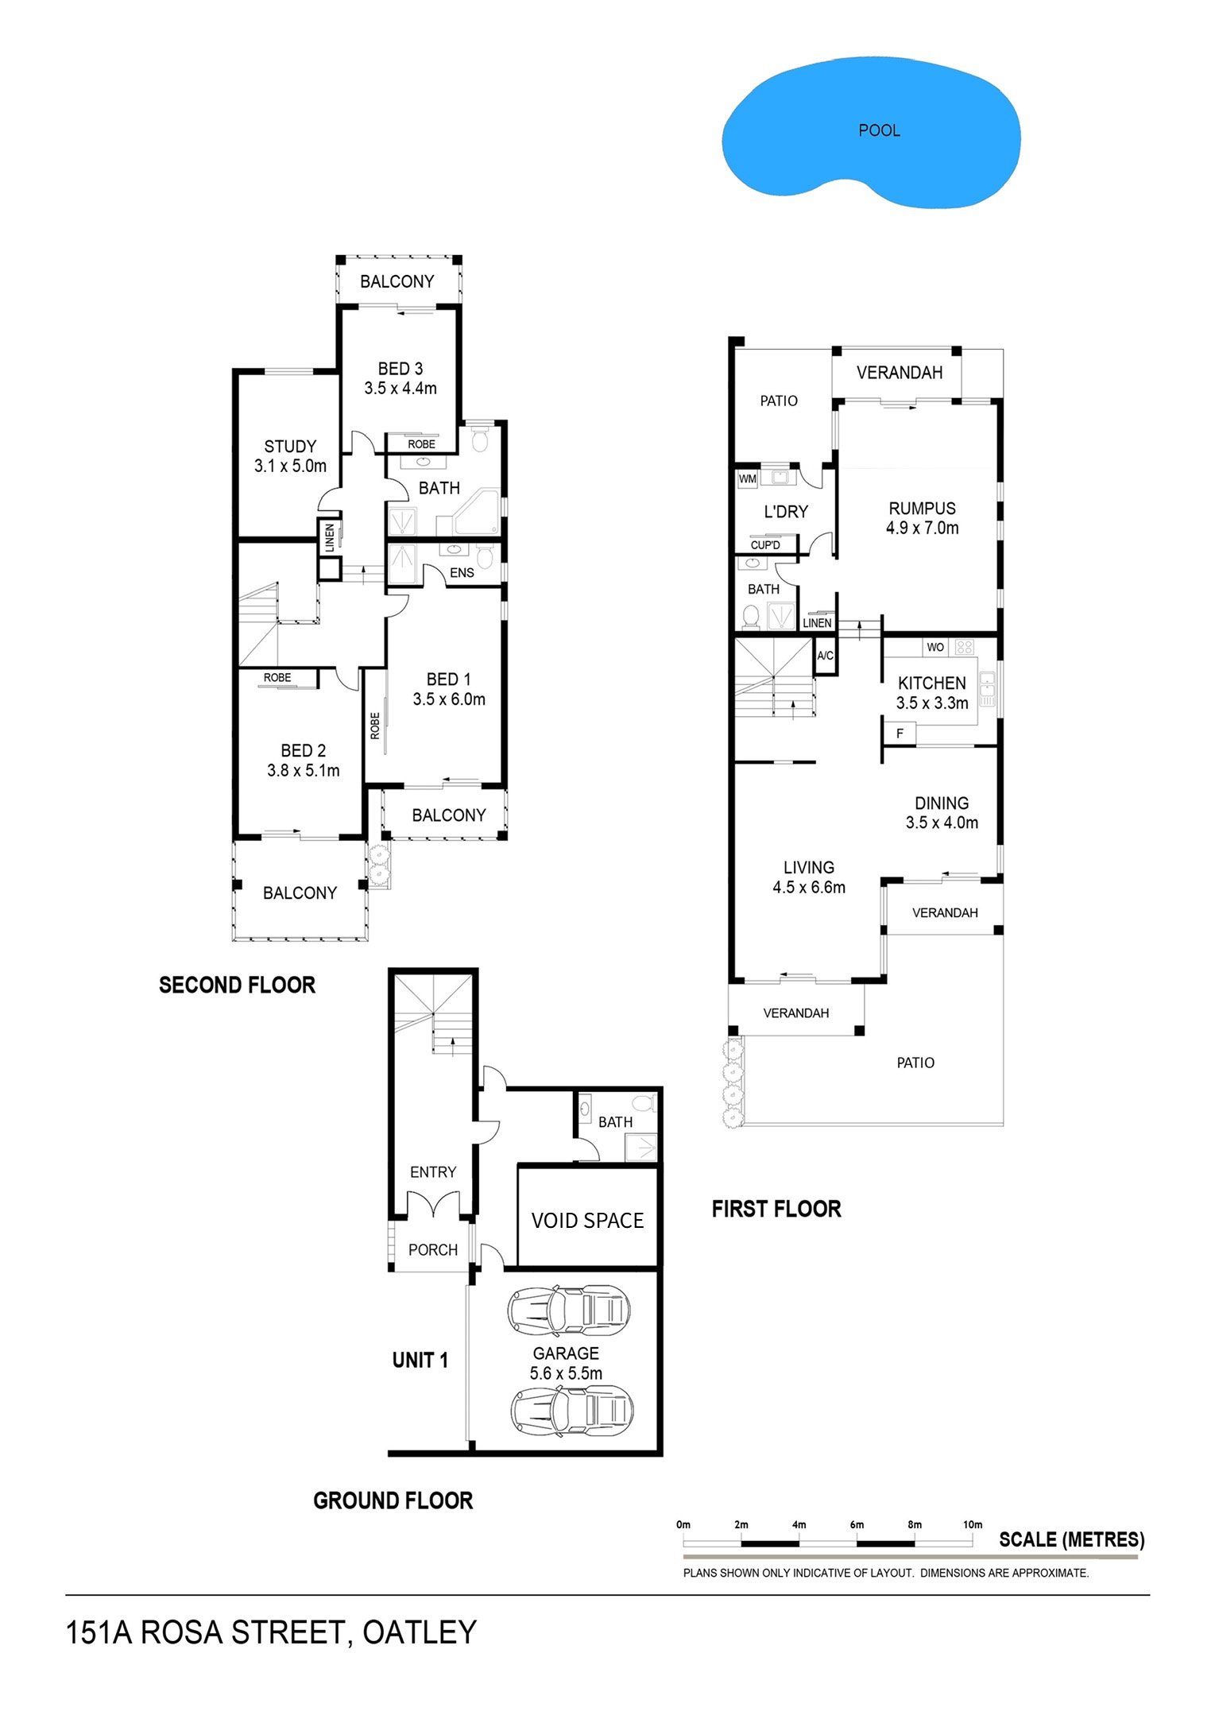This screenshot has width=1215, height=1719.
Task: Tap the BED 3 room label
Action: click(x=400, y=369)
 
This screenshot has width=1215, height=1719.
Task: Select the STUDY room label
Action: click(x=290, y=447)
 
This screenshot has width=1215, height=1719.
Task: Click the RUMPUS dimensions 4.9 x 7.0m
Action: click(x=922, y=528)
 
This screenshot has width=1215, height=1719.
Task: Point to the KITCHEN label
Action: click(x=931, y=683)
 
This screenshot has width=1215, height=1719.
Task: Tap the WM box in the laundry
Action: click(x=748, y=479)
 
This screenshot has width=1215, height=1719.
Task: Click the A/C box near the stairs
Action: click(x=826, y=656)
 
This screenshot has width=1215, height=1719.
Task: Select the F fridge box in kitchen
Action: click(x=900, y=733)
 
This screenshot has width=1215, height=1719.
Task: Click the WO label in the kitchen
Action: click(x=935, y=647)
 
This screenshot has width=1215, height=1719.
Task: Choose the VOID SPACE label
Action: click(x=587, y=1220)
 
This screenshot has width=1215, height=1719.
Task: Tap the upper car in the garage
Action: click(x=569, y=1309)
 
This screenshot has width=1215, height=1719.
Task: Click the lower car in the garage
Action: click(x=571, y=1411)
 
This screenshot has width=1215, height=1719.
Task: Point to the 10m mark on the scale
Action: click(x=973, y=1524)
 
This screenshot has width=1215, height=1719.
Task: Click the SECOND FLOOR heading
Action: click(x=237, y=985)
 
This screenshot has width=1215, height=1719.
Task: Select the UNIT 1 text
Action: click(x=420, y=1360)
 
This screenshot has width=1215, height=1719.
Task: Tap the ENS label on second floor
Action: click(x=462, y=572)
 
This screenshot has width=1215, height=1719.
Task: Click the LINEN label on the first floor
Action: click(x=817, y=623)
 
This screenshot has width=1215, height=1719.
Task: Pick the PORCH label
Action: click(x=433, y=1249)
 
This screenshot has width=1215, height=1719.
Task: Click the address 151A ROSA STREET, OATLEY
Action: click(x=271, y=1632)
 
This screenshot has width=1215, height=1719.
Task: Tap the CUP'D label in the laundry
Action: click(x=765, y=545)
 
